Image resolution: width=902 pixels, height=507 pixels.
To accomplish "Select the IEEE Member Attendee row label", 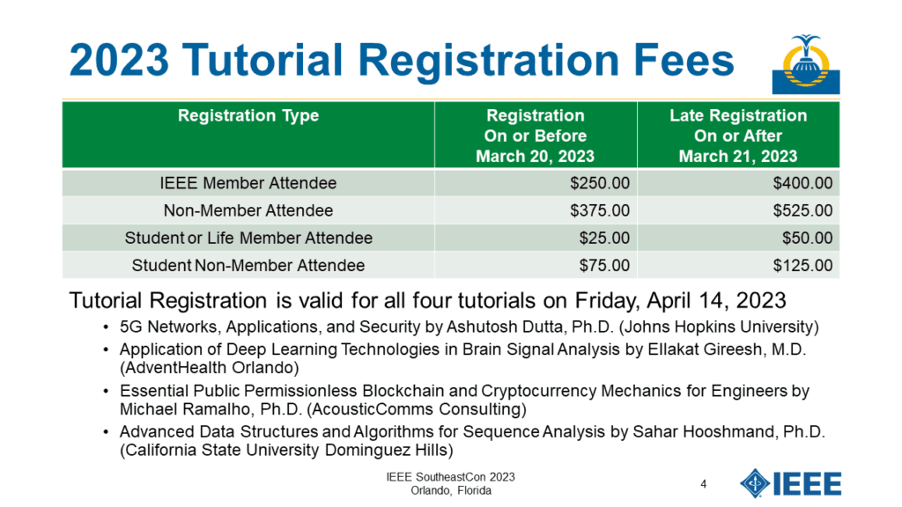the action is [248, 183].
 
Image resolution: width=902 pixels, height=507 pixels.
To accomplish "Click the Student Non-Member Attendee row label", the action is [248, 266].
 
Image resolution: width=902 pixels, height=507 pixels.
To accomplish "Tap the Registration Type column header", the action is [248, 115].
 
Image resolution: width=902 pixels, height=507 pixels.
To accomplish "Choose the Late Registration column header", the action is [738, 136].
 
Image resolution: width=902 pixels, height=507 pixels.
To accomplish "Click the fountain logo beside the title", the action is [805, 63].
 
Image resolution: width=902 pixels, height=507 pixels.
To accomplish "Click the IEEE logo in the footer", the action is [790, 483].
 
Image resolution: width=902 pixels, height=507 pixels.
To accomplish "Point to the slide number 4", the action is [704, 484].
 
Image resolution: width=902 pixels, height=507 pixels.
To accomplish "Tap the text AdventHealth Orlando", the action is [210, 367].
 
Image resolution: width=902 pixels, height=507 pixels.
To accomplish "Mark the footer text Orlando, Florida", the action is [451, 491].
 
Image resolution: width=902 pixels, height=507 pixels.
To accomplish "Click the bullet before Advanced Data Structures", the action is [106, 432].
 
